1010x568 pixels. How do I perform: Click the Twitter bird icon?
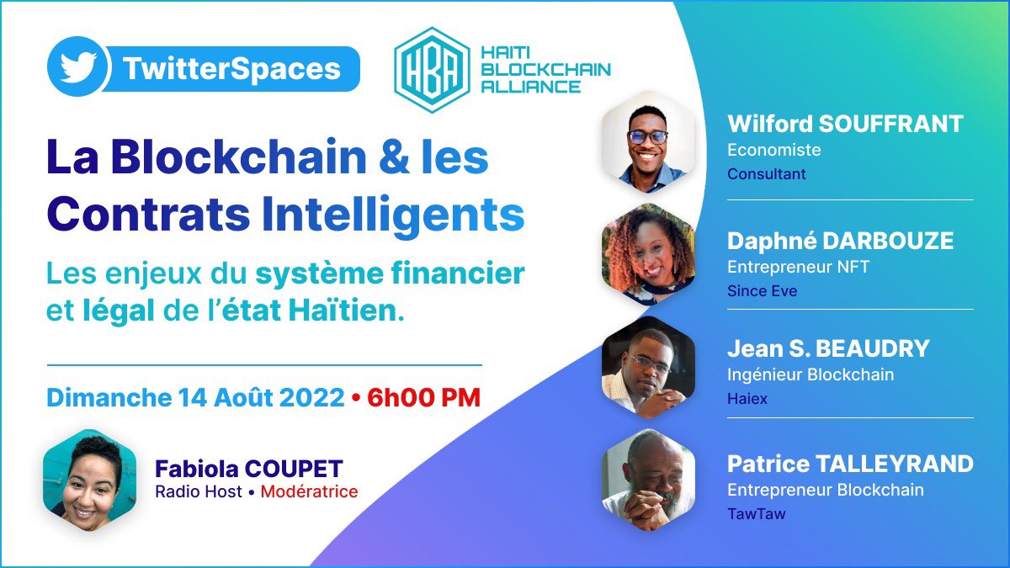click(78, 67)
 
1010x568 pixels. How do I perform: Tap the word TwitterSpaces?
click(231, 68)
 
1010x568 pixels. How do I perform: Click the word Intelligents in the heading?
click(393, 214)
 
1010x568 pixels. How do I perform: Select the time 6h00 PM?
click(424, 397)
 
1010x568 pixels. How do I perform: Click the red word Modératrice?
click(309, 491)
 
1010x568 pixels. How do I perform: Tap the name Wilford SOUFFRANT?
click(845, 125)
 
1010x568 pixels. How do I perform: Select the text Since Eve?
click(762, 291)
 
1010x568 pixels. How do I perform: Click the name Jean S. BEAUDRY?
click(828, 348)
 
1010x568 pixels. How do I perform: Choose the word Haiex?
click(747, 398)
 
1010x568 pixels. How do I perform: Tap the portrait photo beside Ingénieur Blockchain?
click(648, 369)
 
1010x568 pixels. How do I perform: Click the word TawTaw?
click(756, 513)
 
